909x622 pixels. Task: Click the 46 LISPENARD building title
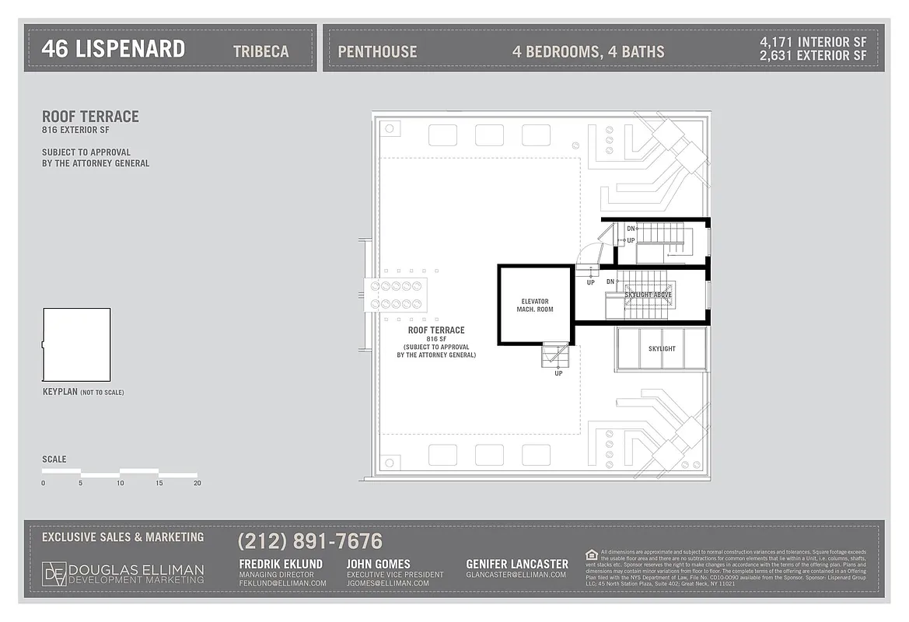[113, 49]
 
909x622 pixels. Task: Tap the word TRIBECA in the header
[260, 51]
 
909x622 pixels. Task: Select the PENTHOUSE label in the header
[377, 52]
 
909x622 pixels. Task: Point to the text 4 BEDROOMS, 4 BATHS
[588, 52]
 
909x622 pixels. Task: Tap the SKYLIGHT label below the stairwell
[662, 349]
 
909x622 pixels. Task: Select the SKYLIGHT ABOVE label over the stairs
[649, 295]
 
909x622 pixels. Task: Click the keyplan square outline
[76, 344]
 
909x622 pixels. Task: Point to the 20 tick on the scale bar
[197, 483]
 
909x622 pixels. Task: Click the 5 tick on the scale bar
[81, 483]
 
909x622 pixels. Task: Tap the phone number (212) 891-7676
[309, 541]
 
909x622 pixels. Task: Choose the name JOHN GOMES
[379, 564]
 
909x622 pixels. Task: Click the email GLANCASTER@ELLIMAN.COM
[516, 575]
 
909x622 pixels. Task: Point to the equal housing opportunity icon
[592, 554]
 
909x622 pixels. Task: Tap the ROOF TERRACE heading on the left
[90, 117]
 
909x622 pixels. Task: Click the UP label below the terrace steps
[558, 373]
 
